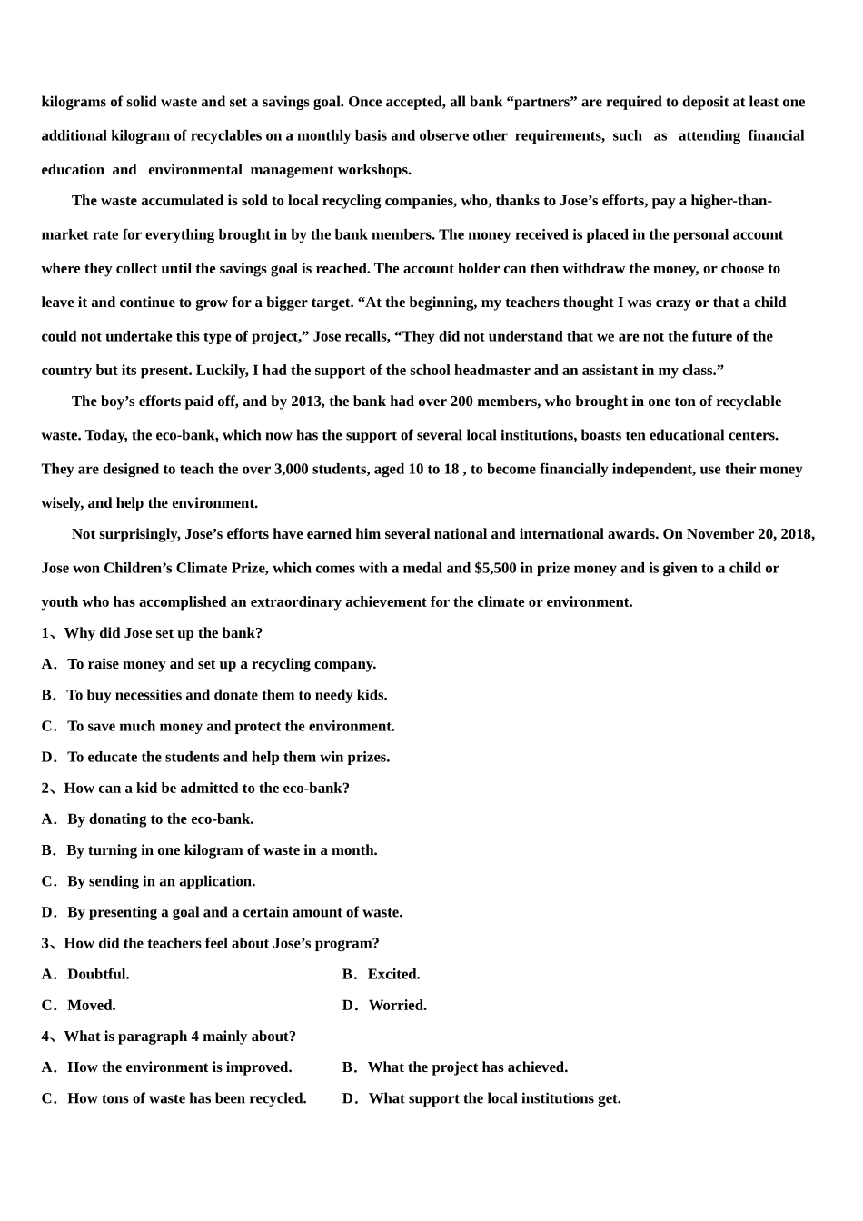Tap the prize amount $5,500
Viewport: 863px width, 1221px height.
tap(495, 569)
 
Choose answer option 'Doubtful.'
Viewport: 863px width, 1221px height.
tap(98, 975)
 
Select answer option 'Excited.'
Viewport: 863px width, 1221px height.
tap(393, 975)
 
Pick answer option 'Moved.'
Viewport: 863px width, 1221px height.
tap(91, 1006)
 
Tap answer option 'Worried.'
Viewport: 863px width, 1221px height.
tap(397, 1006)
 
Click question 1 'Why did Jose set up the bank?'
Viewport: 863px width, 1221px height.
tap(163, 633)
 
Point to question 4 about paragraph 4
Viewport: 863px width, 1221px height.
tap(180, 1037)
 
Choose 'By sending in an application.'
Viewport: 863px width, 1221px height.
tap(161, 881)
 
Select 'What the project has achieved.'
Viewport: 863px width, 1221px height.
tap(467, 1067)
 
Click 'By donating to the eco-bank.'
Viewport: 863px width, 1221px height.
tap(160, 819)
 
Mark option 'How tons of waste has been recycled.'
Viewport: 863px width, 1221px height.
tap(186, 1098)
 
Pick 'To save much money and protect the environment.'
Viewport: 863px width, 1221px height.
tap(231, 727)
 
